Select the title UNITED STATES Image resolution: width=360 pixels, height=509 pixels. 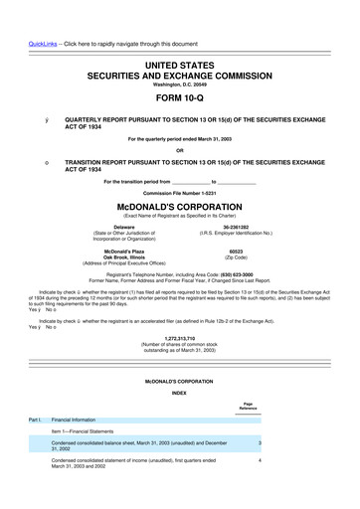180,62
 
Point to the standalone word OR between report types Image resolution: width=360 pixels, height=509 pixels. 180,151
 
